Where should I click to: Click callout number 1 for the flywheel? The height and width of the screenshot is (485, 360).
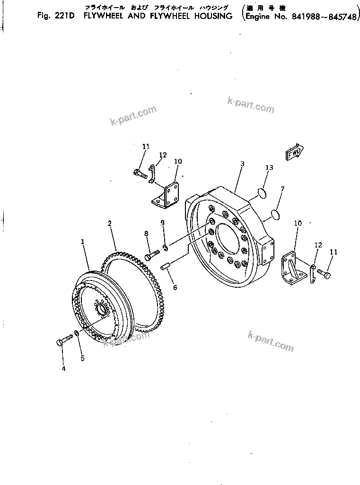point(83,242)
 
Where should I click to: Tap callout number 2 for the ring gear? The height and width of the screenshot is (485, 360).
point(109,223)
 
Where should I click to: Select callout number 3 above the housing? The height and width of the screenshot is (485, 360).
point(242,164)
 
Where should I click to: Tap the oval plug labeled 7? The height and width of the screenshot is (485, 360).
point(273,216)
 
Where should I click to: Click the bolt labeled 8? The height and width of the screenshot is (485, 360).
point(149,256)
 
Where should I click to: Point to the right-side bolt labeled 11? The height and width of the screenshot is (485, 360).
point(325,273)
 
